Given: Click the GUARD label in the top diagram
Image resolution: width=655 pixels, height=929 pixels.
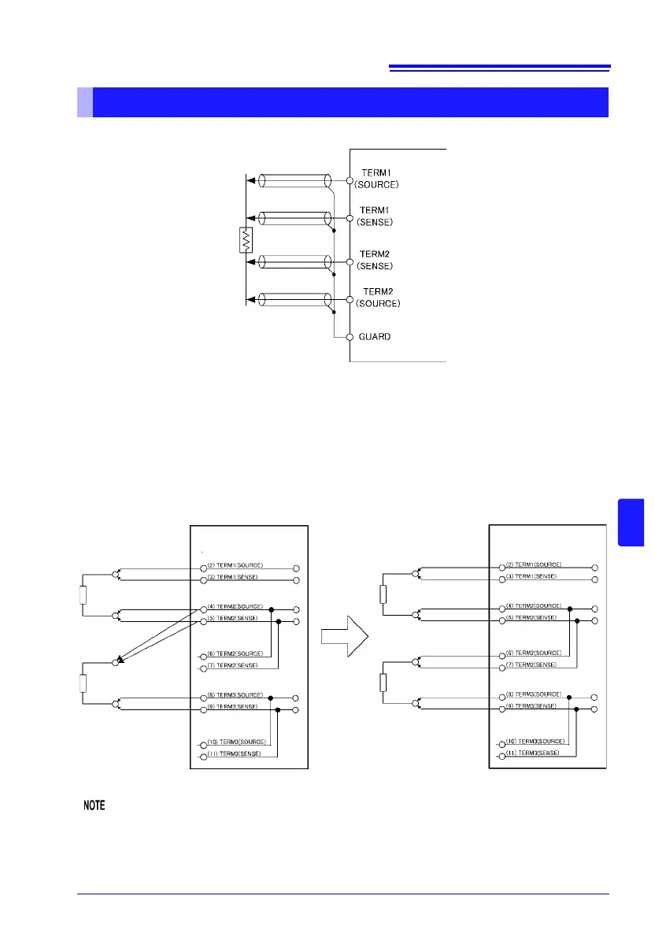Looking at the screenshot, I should click(x=375, y=337).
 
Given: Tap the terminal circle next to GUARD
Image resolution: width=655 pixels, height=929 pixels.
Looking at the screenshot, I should click(x=349, y=337).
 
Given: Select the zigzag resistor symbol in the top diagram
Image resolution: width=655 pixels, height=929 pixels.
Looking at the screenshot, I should click(x=245, y=240).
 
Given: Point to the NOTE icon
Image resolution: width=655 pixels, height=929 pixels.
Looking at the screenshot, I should click(x=95, y=806).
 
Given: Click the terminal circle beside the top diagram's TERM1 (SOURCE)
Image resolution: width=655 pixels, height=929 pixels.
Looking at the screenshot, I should click(x=349, y=178).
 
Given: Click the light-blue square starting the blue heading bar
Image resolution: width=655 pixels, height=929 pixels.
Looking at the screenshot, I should click(x=85, y=102).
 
